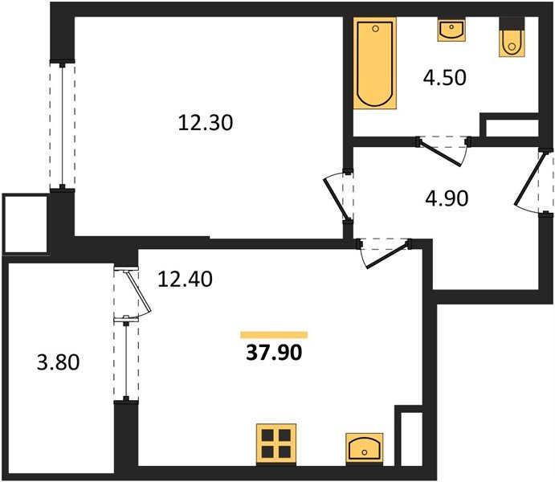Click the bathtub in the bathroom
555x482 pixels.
coord(374,65)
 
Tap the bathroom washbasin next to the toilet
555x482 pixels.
coord(451,31)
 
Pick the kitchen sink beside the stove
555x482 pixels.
coord(365,446)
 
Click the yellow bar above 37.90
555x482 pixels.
coord(274,334)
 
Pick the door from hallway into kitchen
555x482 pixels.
coord(384,252)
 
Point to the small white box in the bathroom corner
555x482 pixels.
coord(509,127)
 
